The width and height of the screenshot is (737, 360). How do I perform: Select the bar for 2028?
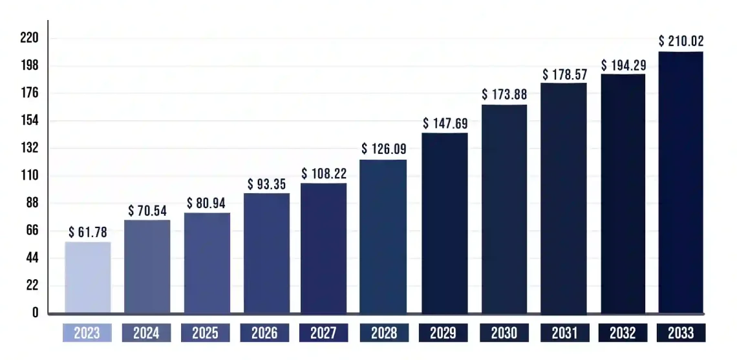click(x=383, y=237)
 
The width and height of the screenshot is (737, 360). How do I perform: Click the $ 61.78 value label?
click(x=88, y=233)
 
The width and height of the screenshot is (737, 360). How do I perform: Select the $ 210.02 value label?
click(x=681, y=41)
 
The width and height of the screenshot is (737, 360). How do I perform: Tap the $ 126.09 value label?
click(x=383, y=149)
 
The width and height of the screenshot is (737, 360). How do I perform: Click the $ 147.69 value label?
click(x=445, y=123)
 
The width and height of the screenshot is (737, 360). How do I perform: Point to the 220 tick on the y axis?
click(x=30, y=39)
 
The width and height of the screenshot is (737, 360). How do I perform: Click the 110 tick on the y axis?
click(x=30, y=176)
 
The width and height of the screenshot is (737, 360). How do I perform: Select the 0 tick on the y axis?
click(x=35, y=313)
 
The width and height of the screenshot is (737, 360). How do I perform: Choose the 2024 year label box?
click(x=146, y=333)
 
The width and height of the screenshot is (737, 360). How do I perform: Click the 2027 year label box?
click(x=323, y=333)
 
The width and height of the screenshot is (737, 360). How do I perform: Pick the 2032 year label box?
click(x=621, y=333)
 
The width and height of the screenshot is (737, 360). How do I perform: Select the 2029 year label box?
click(x=443, y=333)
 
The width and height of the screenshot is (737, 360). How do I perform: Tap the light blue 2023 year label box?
click(x=87, y=333)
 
